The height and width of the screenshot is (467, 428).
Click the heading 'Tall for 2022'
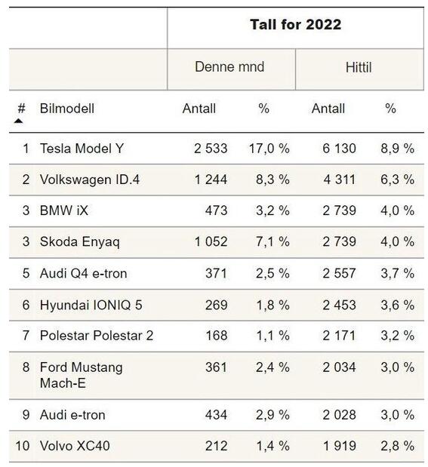(x=295, y=25)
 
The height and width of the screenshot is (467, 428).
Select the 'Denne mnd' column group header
(x=229, y=66)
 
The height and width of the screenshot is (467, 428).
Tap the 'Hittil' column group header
(x=359, y=67)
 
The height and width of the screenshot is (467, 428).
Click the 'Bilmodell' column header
(x=67, y=109)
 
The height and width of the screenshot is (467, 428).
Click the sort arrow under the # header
(x=18, y=121)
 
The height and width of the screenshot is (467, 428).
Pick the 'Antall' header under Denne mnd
(x=199, y=109)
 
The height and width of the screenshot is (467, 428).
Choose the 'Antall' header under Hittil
(x=328, y=109)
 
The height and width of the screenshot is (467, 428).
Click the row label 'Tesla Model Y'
(x=82, y=149)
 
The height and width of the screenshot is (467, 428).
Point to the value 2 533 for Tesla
(x=211, y=149)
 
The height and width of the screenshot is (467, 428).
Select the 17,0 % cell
(x=269, y=149)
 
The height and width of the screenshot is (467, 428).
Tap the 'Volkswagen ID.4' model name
(x=90, y=180)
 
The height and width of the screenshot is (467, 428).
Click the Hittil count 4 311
(x=340, y=180)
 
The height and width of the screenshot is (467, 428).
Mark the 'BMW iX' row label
(x=64, y=210)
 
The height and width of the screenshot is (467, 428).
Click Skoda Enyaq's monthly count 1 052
(x=211, y=241)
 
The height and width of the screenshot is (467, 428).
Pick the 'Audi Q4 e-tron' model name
(x=84, y=273)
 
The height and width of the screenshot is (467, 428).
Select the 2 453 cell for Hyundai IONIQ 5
(x=339, y=305)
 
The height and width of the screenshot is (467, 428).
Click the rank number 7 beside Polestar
(x=26, y=336)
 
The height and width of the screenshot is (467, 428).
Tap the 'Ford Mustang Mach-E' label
(x=81, y=375)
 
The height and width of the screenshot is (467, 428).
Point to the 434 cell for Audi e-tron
(x=216, y=415)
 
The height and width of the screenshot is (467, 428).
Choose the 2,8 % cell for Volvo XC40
(x=397, y=446)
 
